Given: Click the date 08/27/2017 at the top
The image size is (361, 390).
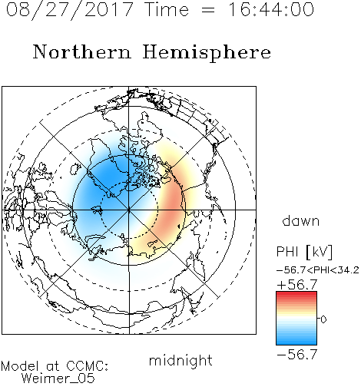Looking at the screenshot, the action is [x=70, y=10].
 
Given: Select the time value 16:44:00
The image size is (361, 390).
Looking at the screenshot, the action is [x=271, y=9].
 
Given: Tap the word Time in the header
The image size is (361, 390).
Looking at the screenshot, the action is [x=167, y=9].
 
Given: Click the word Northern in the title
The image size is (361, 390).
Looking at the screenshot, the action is [x=82, y=51].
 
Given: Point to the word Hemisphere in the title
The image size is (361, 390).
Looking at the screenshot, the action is [x=207, y=53].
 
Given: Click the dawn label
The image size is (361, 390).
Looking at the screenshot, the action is [x=301, y=220].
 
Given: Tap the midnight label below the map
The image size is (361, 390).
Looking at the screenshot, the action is [x=180, y=360].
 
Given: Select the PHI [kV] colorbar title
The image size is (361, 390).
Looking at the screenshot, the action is [x=304, y=252].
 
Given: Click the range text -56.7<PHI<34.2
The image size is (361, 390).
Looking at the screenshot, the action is [x=318, y=270].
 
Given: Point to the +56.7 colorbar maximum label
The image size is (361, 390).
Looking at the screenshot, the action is [x=297, y=285].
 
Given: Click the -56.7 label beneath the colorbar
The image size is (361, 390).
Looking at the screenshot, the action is [x=297, y=355].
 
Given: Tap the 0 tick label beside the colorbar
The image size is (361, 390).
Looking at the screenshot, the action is [x=323, y=319].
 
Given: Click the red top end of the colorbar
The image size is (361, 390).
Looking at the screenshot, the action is [x=296, y=293].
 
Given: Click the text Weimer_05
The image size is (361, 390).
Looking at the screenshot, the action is [x=58, y=378].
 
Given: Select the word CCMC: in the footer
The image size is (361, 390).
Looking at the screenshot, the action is [x=88, y=366].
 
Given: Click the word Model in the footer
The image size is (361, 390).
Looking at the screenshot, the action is [x=21, y=366].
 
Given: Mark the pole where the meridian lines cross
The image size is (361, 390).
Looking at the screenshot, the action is [x=129, y=210].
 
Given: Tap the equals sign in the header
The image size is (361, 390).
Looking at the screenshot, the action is [x=208, y=10].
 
